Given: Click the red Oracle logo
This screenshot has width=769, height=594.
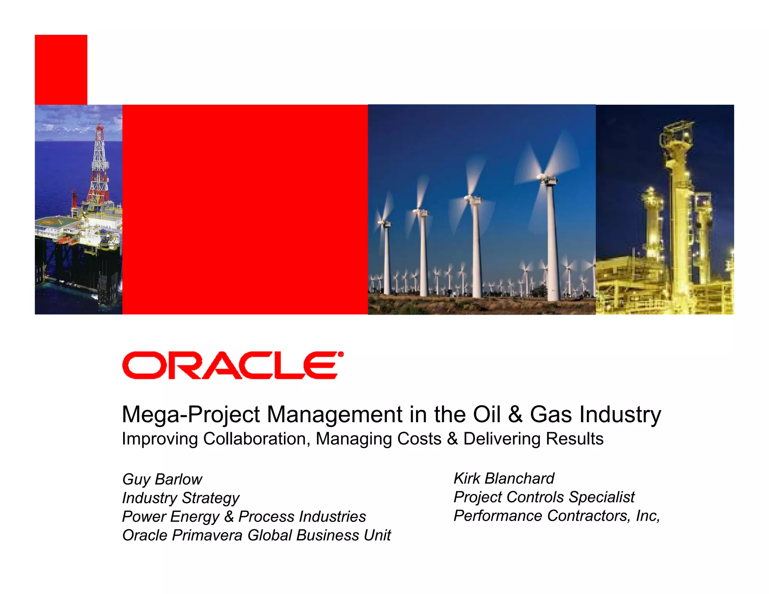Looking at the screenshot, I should click(232, 365).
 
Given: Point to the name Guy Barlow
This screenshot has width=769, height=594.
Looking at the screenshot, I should click(162, 479).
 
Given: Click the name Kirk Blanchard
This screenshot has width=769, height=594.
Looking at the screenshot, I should click(504, 478).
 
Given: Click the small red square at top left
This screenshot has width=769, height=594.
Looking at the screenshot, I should click(61, 69).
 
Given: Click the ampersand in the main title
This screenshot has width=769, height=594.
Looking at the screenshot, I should click(515, 415).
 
